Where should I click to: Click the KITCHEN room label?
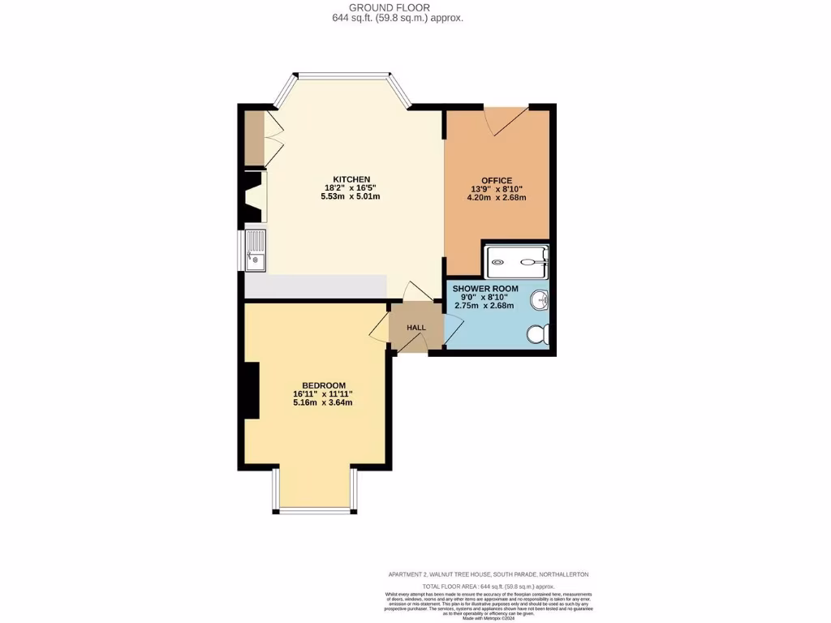tap(351, 179)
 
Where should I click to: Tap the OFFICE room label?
tap(496, 180)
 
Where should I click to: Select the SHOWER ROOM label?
tap(484, 289)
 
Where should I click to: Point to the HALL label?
tap(416, 328)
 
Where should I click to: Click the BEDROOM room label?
tap(324, 385)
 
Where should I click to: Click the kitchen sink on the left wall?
tap(254, 250)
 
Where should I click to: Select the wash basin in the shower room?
tap(540, 302)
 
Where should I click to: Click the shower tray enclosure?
tap(516, 261)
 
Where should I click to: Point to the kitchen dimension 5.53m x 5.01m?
tap(351, 197)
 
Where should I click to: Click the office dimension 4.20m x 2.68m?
tap(496, 198)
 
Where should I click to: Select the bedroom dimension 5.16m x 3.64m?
tap(324, 403)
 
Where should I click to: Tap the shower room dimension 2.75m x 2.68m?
tap(484, 306)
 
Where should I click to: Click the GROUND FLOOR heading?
tap(398, 7)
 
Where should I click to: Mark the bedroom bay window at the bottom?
tap(314, 509)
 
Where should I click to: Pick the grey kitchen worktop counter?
tap(315, 286)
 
